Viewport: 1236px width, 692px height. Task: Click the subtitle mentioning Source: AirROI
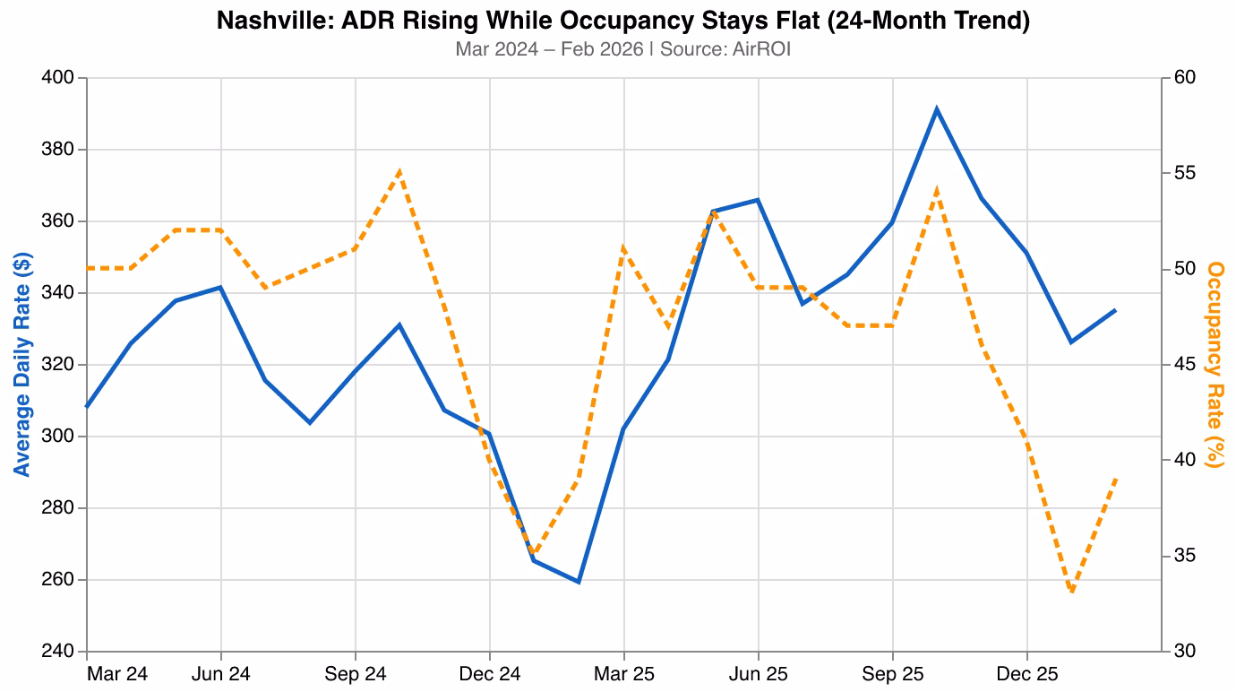pyautogui.click(x=622, y=49)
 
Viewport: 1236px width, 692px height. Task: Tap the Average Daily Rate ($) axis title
pyautogui.click(x=22, y=364)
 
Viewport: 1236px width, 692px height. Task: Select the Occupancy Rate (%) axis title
pyautogui.click(x=1215, y=364)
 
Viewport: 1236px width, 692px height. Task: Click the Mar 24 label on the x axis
pyautogui.click(x=117, y=673)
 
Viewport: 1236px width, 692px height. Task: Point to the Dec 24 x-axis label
pyautogui.click(x=489, y=673)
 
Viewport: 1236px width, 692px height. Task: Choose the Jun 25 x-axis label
pyautogui.click(x=758, y=673)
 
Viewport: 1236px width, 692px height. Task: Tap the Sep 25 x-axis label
pyautogui.click(x=892, y=673)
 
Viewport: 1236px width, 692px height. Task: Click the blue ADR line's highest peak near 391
pyautogui.click(x=937, y=109)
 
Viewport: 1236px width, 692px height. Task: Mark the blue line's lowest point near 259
pyautogui.click(x=579, y=582)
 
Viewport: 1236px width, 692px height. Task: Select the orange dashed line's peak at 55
pyautogui.click(x=399, y=171)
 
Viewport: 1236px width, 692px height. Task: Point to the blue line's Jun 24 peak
pyautogui.click(x=220, y=288)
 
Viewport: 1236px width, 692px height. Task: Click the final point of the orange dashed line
pyautogui.click(x=1116, y=479)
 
